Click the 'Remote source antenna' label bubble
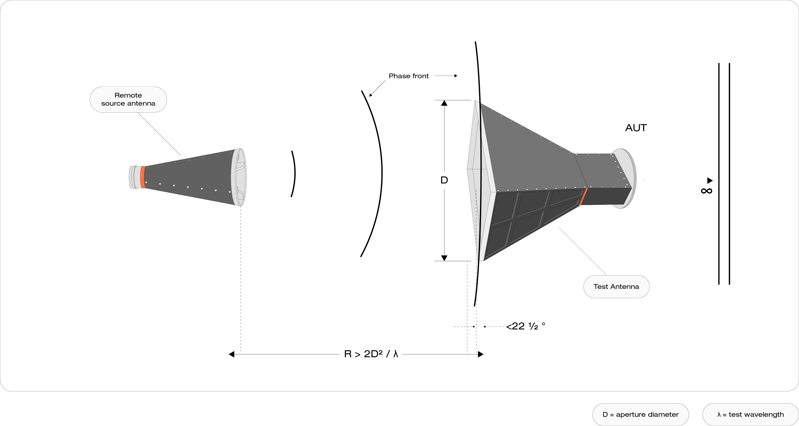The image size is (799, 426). coord(128,99)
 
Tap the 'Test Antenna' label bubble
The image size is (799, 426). coord(616,287)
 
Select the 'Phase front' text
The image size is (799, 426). coord(409,76)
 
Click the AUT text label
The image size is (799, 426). coord(636,128)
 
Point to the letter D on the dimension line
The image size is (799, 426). coord(444,180)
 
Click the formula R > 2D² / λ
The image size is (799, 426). coord(371,354)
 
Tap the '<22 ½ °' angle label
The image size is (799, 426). coord(525,326)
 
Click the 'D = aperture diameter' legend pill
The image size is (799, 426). coord(640,414)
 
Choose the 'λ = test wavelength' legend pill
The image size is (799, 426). coord(750,414)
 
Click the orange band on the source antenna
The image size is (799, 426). coord(143,177)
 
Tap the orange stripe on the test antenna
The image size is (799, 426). coord(583,197)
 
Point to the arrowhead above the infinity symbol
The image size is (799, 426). coord(710,180)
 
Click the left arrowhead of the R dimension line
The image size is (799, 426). coord(231,354)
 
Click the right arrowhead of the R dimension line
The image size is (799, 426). coord(481,354)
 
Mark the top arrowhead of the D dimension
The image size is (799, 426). coord(444,103)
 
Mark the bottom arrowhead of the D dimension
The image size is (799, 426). coord(444,258)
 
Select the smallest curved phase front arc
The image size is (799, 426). coord(294,174)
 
